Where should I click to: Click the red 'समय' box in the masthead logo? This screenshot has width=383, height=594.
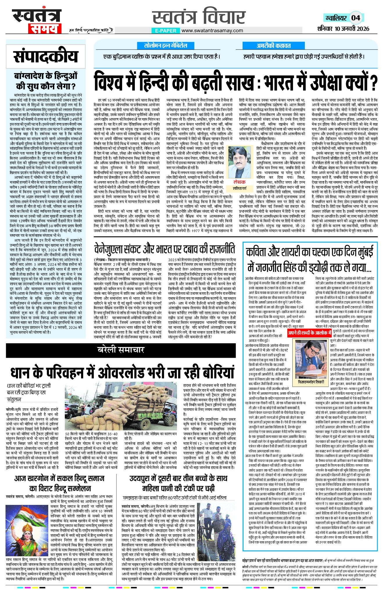(45, 28)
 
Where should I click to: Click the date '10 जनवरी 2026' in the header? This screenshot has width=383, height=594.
(352, 28)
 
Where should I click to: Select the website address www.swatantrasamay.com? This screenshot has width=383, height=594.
(212, 30)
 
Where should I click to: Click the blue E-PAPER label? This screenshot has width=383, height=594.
(165, 30)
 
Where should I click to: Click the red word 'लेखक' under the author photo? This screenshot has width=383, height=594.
(239, 182)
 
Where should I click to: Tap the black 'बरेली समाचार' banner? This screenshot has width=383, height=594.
(121, 349)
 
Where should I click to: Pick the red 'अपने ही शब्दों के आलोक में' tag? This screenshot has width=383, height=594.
(310, 333)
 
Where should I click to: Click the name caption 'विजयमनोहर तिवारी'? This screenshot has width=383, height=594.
(311, 382)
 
